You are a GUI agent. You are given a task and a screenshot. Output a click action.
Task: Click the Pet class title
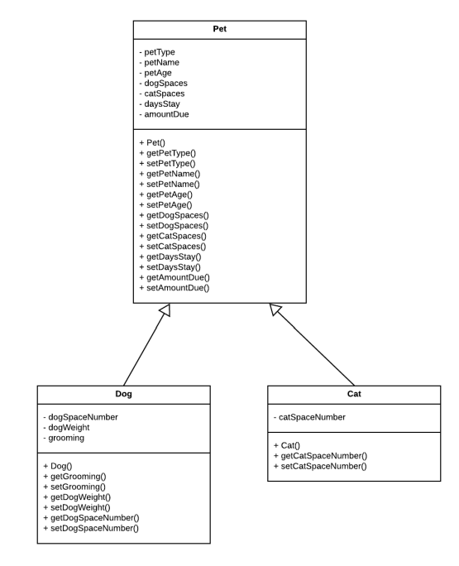[220, 30]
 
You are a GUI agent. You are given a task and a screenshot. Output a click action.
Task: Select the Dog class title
[122, 396]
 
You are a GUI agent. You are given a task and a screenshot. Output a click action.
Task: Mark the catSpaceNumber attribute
[312, 417]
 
